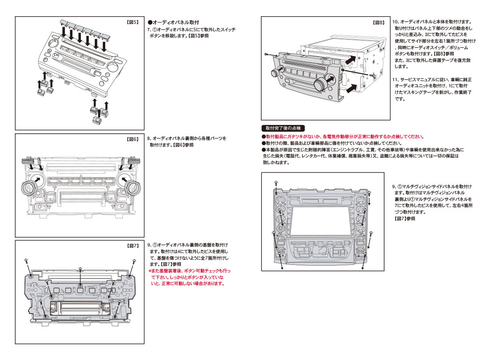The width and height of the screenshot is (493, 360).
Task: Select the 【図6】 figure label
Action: point(132,139)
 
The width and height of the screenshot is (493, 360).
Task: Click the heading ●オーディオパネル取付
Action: point(173,22)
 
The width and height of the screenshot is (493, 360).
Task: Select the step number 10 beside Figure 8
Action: point(395,21)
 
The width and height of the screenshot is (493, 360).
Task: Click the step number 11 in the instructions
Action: point(395,79)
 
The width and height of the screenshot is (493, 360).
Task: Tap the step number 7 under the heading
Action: point(149,29)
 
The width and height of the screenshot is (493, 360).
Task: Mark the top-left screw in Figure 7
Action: point(27,260)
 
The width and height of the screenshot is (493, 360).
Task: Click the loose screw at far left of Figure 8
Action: point(267,53)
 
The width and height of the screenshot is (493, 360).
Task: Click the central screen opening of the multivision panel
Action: point(320,221)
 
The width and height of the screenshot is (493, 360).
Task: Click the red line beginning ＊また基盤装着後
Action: point(189,271)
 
